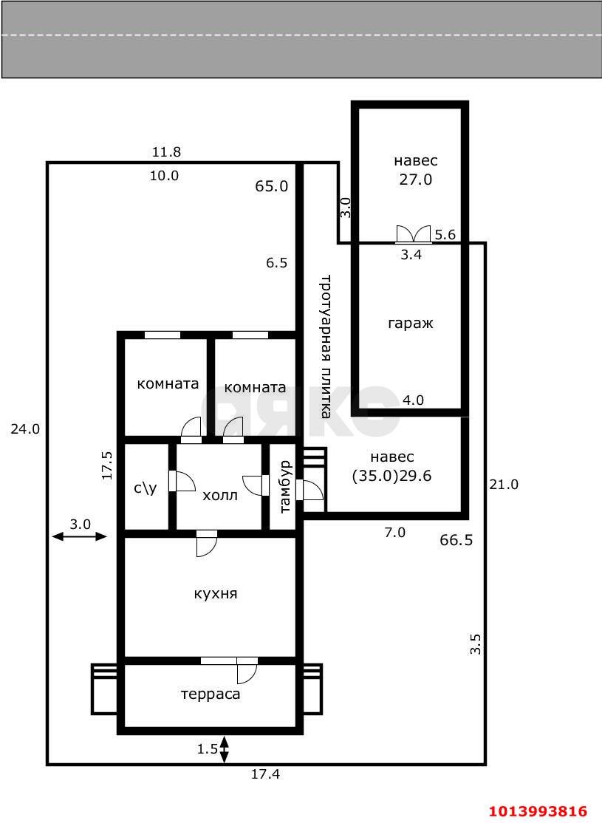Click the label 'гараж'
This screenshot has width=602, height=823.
coord(409,323)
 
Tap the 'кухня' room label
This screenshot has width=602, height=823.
coord(216,593)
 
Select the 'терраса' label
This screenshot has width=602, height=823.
coord(211,694)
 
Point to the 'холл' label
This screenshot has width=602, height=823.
coord(220,495)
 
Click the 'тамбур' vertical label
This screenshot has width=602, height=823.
coord(286,487)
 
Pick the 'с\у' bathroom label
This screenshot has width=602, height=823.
coord(145,488)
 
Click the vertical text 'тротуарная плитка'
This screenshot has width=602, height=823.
coord(324,347)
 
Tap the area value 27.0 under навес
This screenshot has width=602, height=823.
coord(415,179)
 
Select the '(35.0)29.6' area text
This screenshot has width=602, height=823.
coord(391,477)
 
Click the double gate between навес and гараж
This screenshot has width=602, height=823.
coord(414,235)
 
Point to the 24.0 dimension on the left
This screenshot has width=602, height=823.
coord(24,428)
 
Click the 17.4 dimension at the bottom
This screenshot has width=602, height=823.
coord(265,774)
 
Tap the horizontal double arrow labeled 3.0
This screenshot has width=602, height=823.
coord(80,537)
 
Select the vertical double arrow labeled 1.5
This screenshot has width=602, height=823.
coord(225,748)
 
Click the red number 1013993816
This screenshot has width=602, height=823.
coord(537,810)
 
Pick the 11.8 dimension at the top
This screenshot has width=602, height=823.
coord(166,152)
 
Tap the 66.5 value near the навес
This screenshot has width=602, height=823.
coord(456,540)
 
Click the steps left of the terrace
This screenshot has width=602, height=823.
coord(104,689)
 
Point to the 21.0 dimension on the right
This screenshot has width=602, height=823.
coord(504,485)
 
